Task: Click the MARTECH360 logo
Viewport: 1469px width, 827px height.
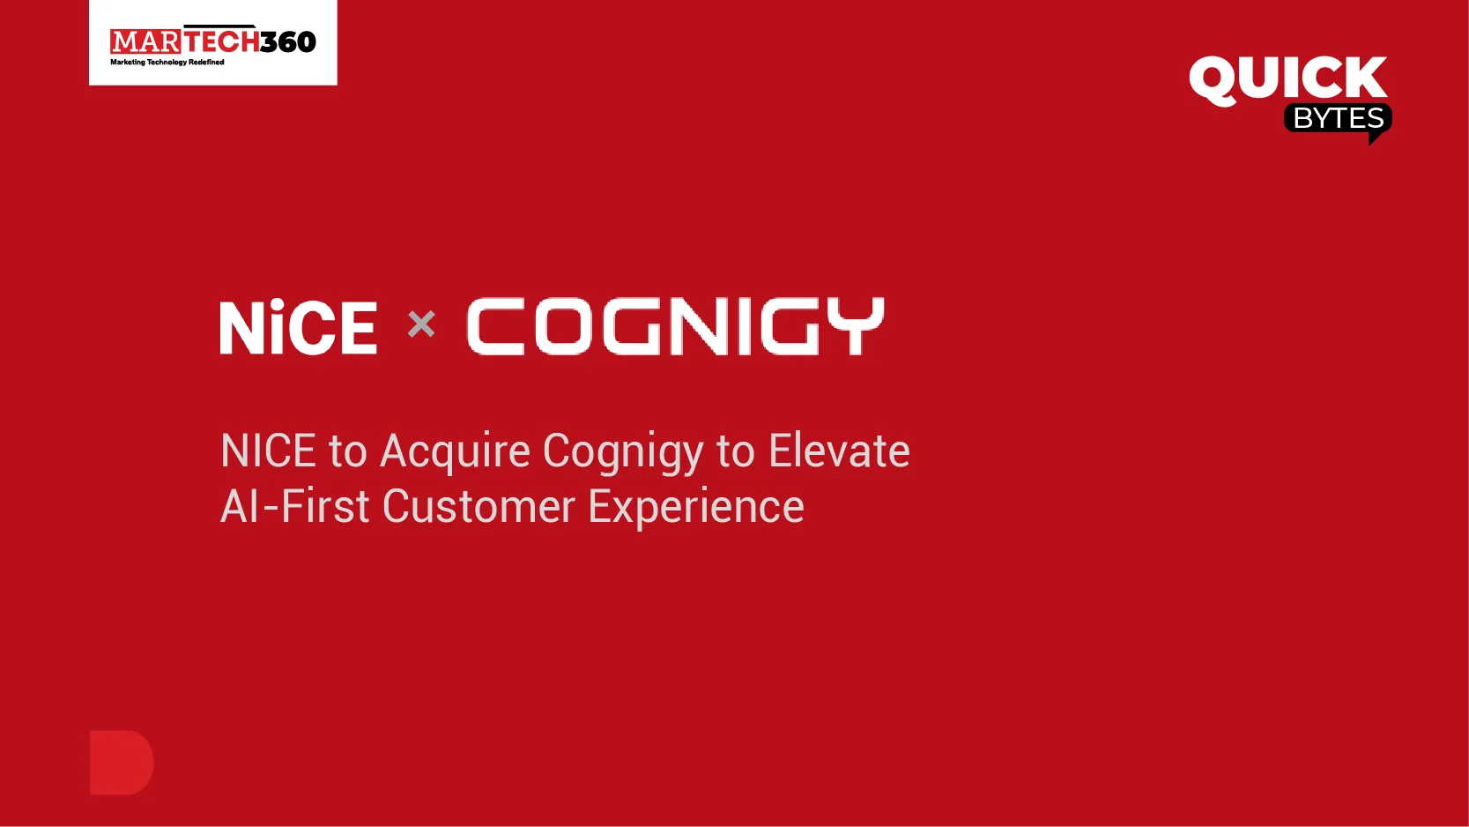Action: click(x=212, y=41)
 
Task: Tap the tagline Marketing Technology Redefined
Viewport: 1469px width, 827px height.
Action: click(x=167, y=63)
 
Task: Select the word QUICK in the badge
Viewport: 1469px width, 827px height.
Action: click(x=1287, y=79)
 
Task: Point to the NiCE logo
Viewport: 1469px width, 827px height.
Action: click(x=298, y=327)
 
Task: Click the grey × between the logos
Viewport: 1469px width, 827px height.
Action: click(x=421, y=324)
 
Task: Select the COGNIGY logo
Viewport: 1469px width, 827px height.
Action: click(x=675, y=326)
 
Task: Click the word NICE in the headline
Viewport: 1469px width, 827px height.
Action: click(x=268, y=451)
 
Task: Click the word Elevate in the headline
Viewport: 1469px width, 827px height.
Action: click(x=839, y=451)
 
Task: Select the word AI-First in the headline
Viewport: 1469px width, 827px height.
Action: click(x=294, y=507)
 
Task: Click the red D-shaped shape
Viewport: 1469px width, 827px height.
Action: click(x=121, y=763)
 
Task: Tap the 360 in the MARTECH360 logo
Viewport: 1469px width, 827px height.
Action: click(x=287, y=41)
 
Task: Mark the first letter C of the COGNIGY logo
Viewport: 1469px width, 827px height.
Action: click(x=495, y=326)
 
